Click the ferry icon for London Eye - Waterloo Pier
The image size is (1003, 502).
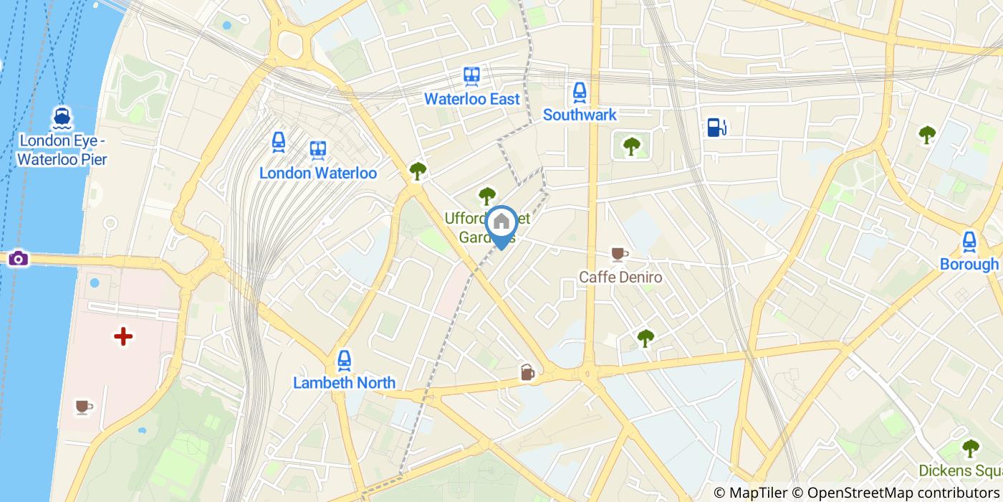pos(62,117)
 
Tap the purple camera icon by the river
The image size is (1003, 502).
pos(19,258)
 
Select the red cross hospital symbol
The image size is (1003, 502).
pos(123,336)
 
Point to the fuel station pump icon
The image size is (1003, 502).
pos(716,127)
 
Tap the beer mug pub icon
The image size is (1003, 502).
pos(527,371)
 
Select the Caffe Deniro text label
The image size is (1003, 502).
pos(620,277)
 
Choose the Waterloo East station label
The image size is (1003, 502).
pos(471,99)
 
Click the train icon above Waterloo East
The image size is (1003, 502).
pos(471,76)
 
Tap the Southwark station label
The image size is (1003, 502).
pos(580,115)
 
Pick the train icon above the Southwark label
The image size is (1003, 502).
pos(580,92)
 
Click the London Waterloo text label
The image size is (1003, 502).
pos(317,173)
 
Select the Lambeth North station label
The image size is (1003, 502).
pos(344,383)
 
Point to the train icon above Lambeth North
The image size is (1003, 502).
pos(345,360)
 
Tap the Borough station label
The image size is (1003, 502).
pos(969,264)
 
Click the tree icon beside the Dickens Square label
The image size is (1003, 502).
pos(970,448)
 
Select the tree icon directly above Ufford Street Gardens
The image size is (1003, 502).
pos(487,195)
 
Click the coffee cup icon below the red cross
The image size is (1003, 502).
pos(84,407)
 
